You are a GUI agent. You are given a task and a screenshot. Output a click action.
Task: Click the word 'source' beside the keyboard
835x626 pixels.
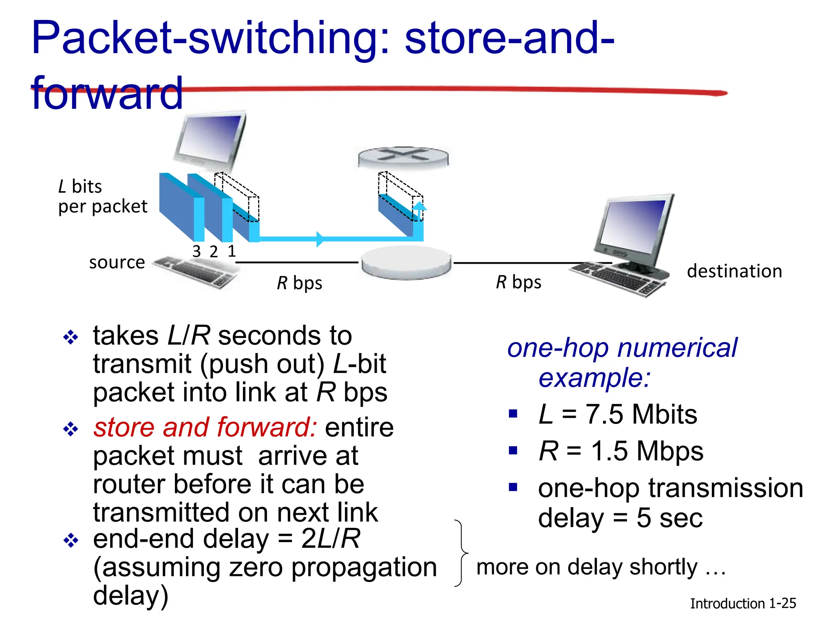tap(117, 262)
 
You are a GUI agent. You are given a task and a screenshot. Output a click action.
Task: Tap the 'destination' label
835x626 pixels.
tap(734, 271)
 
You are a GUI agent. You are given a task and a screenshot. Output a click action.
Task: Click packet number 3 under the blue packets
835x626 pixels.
tap(197, 251)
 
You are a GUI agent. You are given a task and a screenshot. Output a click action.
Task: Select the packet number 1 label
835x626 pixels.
tap(232, 251)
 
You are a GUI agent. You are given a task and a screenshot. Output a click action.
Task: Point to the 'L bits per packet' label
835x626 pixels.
tap(102, 196)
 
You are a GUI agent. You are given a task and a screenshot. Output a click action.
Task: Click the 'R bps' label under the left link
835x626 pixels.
tap(299, 283)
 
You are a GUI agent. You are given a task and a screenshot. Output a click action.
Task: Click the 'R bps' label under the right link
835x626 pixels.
tap(518, 282)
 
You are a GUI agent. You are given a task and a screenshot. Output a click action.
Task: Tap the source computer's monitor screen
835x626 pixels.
tap(210, 139)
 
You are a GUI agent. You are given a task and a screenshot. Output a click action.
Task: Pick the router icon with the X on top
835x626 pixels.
tap(403, 157)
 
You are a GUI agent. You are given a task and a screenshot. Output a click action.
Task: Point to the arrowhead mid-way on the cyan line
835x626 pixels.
tap(320, 239)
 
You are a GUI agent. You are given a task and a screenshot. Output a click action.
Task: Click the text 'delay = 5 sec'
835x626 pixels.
tap(620, 518)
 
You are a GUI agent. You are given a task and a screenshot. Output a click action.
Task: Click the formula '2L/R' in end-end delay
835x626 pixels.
tap(330, 539)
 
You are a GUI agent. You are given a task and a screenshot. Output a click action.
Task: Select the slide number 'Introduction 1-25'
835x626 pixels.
tap(742, 603)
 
